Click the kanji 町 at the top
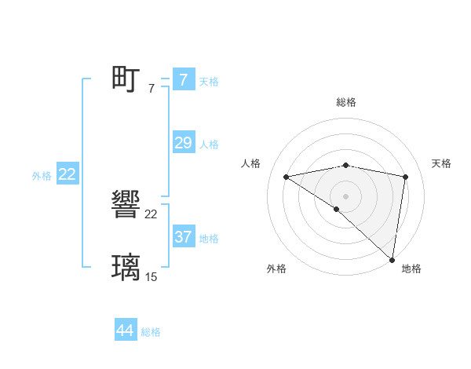(x=126, y=79)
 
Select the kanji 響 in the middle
(x=126, y=205)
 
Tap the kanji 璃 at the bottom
(x=126, y=267)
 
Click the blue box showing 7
(x=183, y=79)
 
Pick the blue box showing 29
(x=183, y=142)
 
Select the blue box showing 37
(x=183, y=236)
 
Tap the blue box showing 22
(x=67, y=174)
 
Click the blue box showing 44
(x=126, y=331)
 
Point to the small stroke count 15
(x=152, y=276)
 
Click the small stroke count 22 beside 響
(x=152, y=214)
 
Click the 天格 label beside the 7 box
(x=209, y=81)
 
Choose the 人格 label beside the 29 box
(x=209, y=144)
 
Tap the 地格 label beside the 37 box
(x=209, y=239)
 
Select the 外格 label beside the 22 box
(x=42, y=177)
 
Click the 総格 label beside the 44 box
(x=151, y=333)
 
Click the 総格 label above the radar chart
(x=345, y=102)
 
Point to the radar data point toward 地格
(x=392, y=259)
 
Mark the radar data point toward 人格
(x=287, y=177)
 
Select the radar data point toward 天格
(x=406, y=177)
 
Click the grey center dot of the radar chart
(x=345, y=195)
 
